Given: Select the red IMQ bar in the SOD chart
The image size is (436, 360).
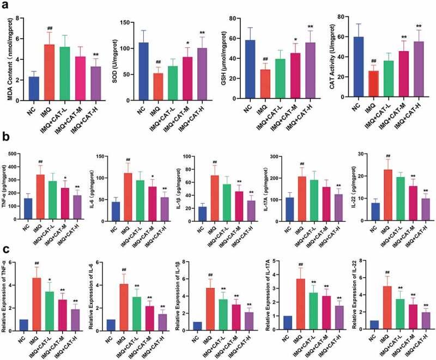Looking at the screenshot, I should (x=143, y=87).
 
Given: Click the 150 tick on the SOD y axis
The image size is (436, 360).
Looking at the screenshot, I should (x=117, y=22).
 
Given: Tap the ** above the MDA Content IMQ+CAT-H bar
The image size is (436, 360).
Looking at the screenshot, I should (x=81, y=55).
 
